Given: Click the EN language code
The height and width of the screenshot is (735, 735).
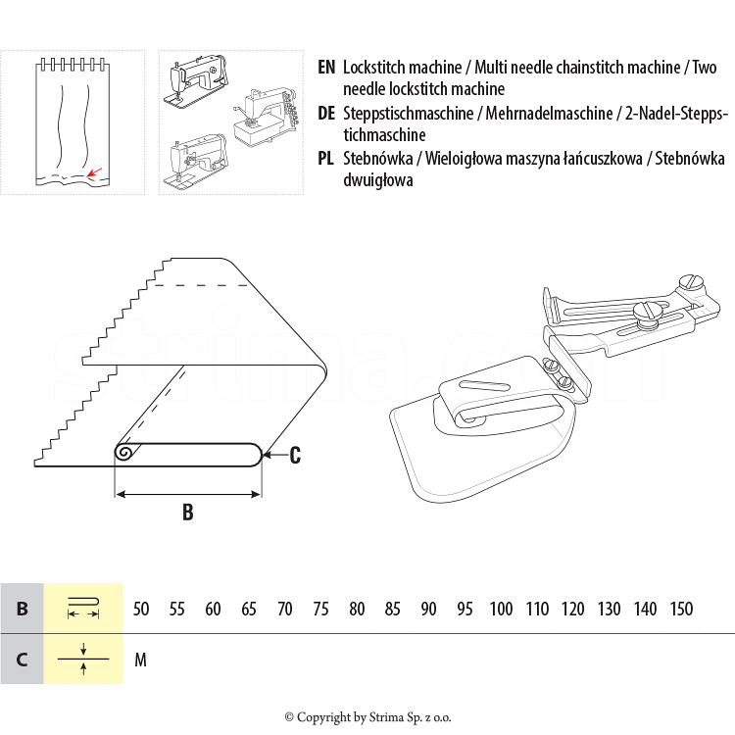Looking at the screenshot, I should click(326, 68).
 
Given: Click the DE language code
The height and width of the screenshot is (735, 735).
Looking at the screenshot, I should click(327, 114).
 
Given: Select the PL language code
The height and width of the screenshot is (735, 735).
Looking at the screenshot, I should click(326, 159).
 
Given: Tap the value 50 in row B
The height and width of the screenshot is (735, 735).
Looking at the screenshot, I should click(141, 609).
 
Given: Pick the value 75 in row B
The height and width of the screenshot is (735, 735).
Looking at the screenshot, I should click(320, 609).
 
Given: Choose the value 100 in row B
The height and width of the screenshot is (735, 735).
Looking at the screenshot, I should click(501, 609).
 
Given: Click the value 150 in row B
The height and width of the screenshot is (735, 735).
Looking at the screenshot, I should click(681, 609).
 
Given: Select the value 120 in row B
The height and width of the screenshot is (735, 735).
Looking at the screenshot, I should click(572, 609).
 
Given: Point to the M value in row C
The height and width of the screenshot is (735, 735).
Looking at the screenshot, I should click(140, 660).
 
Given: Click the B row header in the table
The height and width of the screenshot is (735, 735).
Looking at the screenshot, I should click(22, 609).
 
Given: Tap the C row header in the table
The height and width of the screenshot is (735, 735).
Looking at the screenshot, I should click(22, 660).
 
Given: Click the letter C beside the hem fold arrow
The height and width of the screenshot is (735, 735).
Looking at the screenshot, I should click(295, 454).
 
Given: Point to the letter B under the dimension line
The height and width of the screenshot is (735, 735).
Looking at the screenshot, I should click(187, 512).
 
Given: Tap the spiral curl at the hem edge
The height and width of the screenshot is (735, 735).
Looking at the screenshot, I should click(125, 453).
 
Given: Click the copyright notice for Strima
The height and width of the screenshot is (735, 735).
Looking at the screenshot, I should click(367, 717).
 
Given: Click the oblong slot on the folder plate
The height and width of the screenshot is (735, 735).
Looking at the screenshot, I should click(487, 384).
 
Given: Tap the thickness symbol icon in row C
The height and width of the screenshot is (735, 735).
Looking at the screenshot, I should click(83, 660).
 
